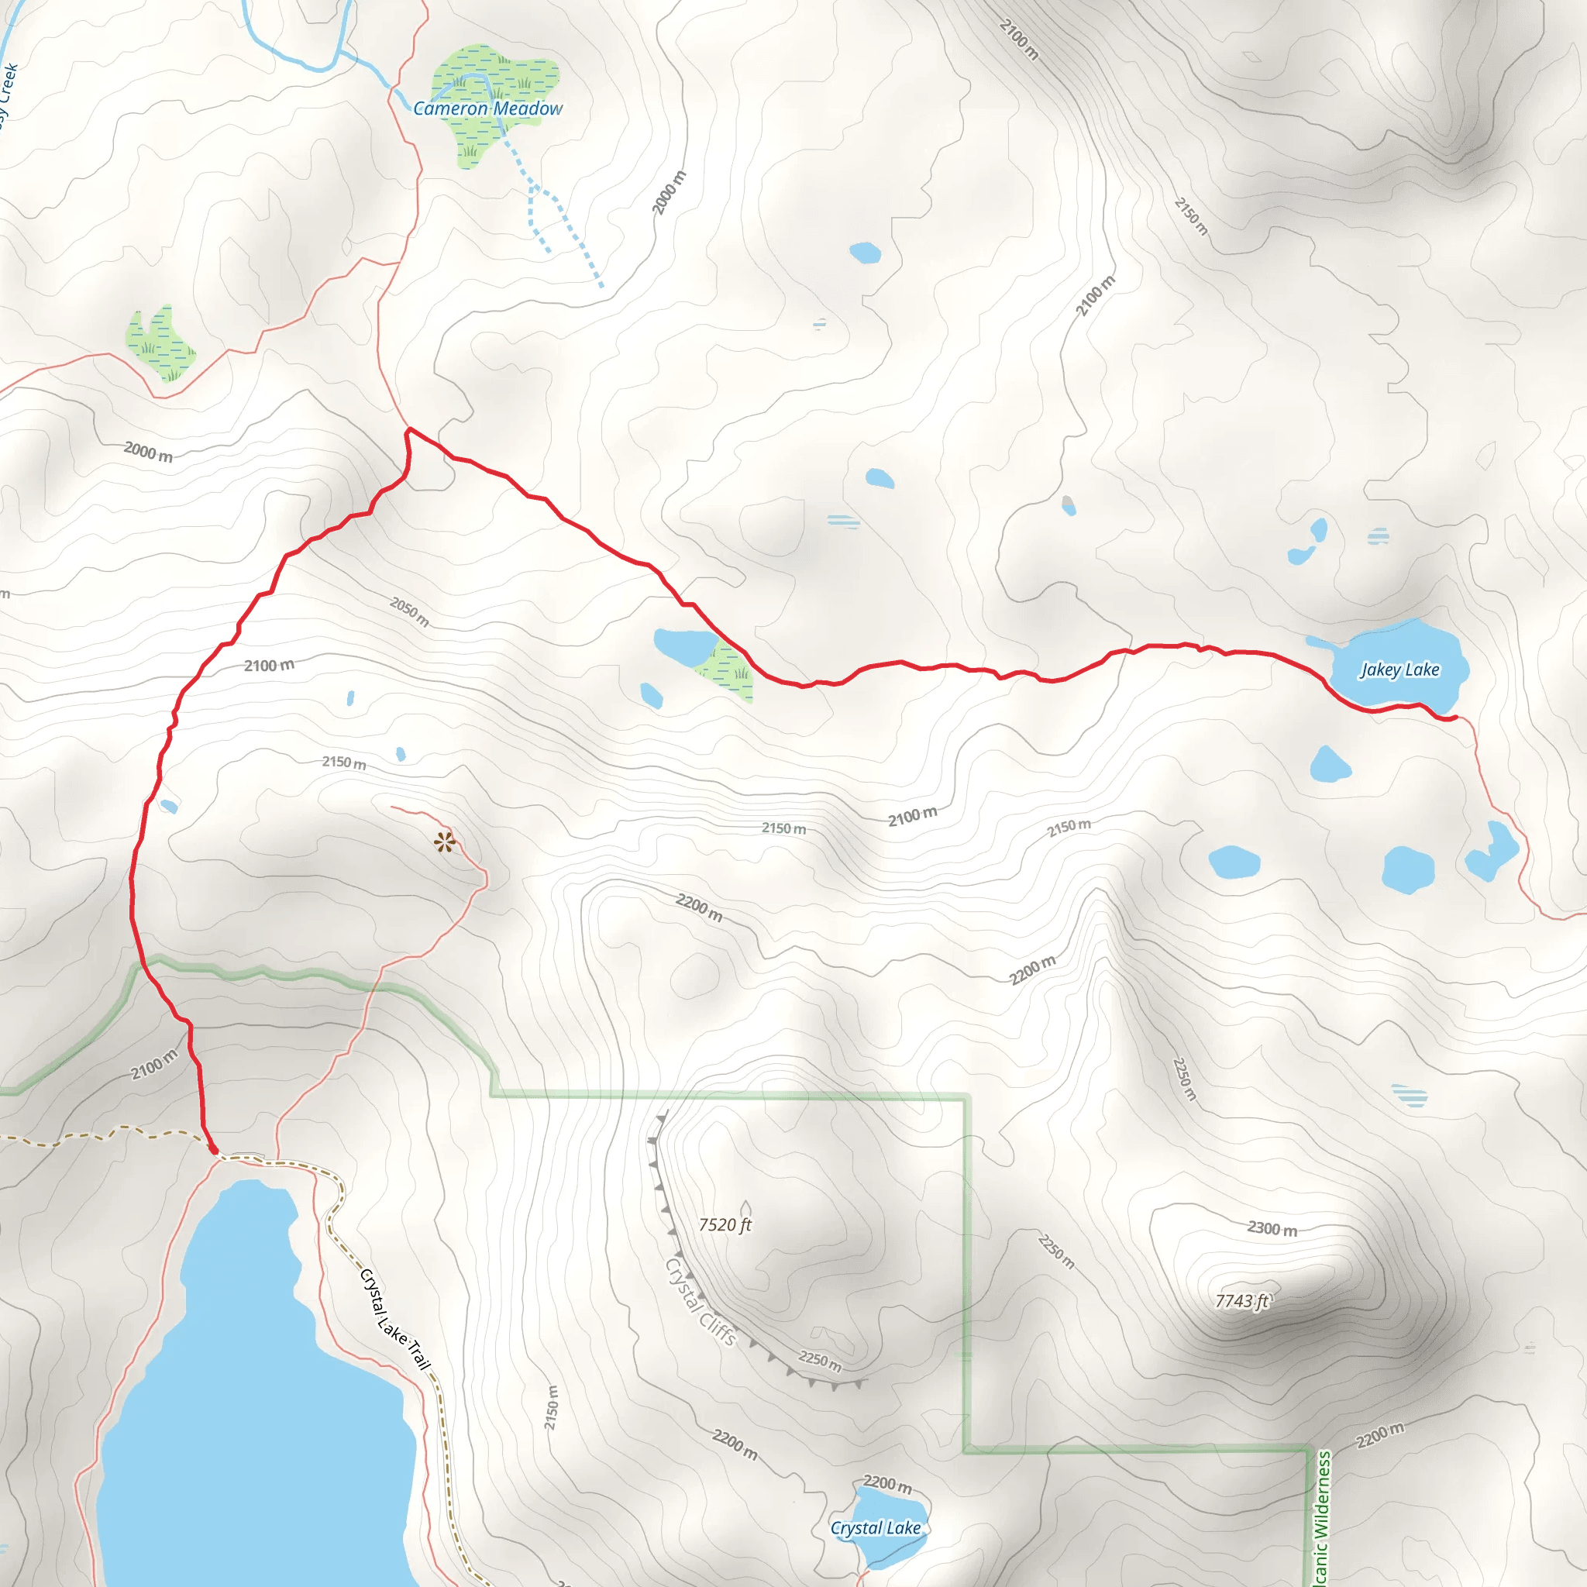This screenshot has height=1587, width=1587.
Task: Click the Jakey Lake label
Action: [x=1399, y=670]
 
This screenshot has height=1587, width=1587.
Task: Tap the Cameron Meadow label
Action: [x=488, y=108]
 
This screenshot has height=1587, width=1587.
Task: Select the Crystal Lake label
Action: [x=876, y=1528]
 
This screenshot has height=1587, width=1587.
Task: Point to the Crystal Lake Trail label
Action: [x=395, y=1319]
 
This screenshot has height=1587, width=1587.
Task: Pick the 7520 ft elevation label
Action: [x=725, y=1225]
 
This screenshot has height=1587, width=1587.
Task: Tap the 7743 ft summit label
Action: [x=1242, y=1301]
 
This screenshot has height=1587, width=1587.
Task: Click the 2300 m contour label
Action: [x=1272, y=1229]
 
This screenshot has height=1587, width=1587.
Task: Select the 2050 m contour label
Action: [x=409, y=611]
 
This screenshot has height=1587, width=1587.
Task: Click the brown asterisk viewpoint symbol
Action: [x=444, y=842]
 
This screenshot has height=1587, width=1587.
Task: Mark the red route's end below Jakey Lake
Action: [x=1455, y=717]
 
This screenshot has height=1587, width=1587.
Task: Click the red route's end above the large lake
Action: [x=215, y=1152]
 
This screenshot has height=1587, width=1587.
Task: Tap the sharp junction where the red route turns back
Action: [x=409, y=429]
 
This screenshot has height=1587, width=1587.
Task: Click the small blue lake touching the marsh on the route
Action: [x=684, y=646]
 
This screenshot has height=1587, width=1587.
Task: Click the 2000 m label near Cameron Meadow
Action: [x=669, y=193]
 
